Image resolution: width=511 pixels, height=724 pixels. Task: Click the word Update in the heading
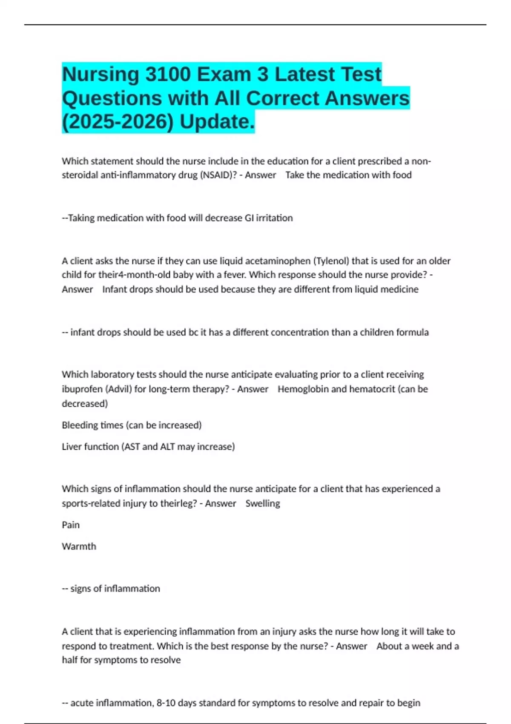217,122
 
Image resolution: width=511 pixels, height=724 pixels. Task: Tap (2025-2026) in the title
118,122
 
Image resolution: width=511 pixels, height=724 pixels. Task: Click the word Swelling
263,503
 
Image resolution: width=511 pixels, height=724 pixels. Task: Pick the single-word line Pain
71,525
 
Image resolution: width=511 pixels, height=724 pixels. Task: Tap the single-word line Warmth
79,546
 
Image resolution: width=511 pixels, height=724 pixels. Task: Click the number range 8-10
166,703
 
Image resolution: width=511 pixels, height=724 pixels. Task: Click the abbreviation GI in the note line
249,218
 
